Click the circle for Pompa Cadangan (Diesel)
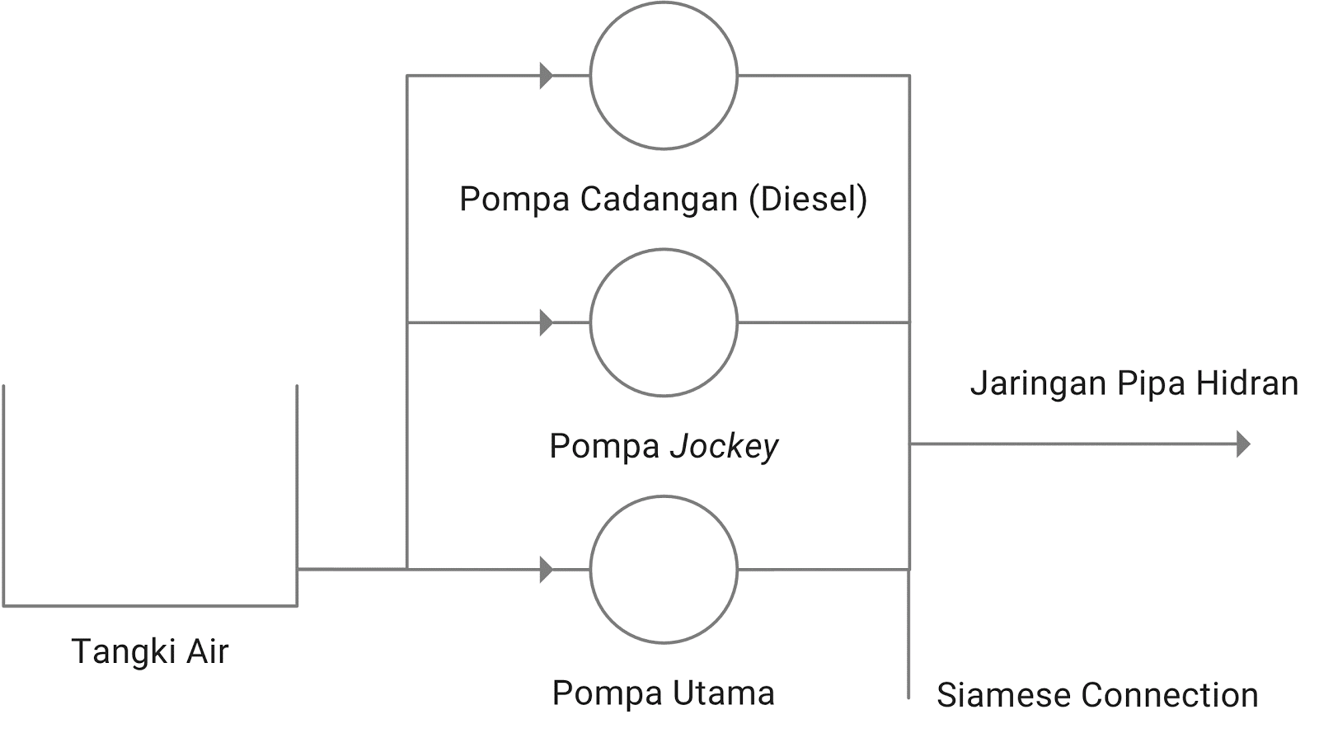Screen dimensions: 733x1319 (x=664, y=76)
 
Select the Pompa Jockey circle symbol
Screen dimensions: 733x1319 (x=664, y=322)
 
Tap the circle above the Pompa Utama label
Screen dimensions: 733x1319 (x=664, y=569)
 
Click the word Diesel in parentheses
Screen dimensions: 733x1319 (x=809, y=199)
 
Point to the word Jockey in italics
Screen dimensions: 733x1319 (x=724, y=446)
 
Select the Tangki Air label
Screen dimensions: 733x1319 (x=150, y=651)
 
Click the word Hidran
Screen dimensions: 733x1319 (x=1246, y=383)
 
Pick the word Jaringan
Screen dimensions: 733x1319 (x=1037, y=384)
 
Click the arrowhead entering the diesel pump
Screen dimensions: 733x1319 (x=546, y=76)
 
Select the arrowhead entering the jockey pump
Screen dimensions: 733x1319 (x=546, y=322)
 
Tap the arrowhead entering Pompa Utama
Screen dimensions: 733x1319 (x=546, y=569)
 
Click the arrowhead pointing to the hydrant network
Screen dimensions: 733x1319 (x=1243, y=444)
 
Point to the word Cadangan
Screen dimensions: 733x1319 (x=659, y=199)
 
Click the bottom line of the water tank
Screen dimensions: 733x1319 (x=150, y=606)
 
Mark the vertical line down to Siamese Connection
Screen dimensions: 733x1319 (x=909, y=635)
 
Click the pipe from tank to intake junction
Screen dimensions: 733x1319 (x=352, y=568)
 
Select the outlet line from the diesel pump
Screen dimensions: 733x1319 (x=824, y=76)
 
